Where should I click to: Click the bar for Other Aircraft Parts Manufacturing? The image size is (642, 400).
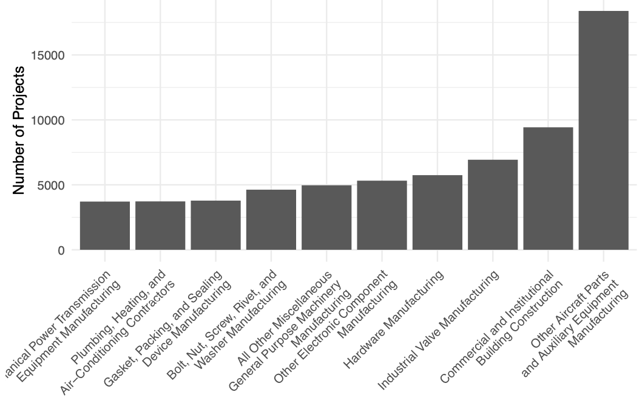tap(603, 130)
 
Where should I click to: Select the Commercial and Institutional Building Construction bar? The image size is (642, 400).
tap(548, 188)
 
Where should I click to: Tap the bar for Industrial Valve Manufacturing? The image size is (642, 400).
tap(493, 205)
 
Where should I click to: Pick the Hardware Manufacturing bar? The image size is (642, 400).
tap(438, 212)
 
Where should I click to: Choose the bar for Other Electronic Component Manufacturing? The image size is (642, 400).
tap(382, 215)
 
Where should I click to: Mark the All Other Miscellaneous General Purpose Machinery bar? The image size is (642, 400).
tap(326, 218)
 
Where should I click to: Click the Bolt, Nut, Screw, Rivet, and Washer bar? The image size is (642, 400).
tap(271, 219)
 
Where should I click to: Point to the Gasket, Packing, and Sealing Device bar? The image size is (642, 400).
tap(215, 225)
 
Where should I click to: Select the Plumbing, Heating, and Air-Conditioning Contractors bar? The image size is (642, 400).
tap(160, 226)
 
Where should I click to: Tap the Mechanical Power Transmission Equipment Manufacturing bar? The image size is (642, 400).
tap(105, 226)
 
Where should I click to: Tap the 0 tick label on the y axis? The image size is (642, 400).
tap(61, 250)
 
